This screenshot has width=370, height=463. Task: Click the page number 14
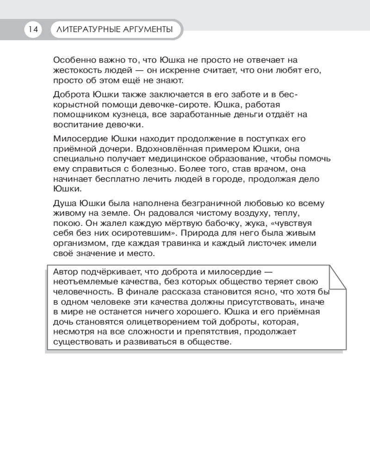[x=32, y=30]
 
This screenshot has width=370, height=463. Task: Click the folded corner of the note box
[x=336, y=277]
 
